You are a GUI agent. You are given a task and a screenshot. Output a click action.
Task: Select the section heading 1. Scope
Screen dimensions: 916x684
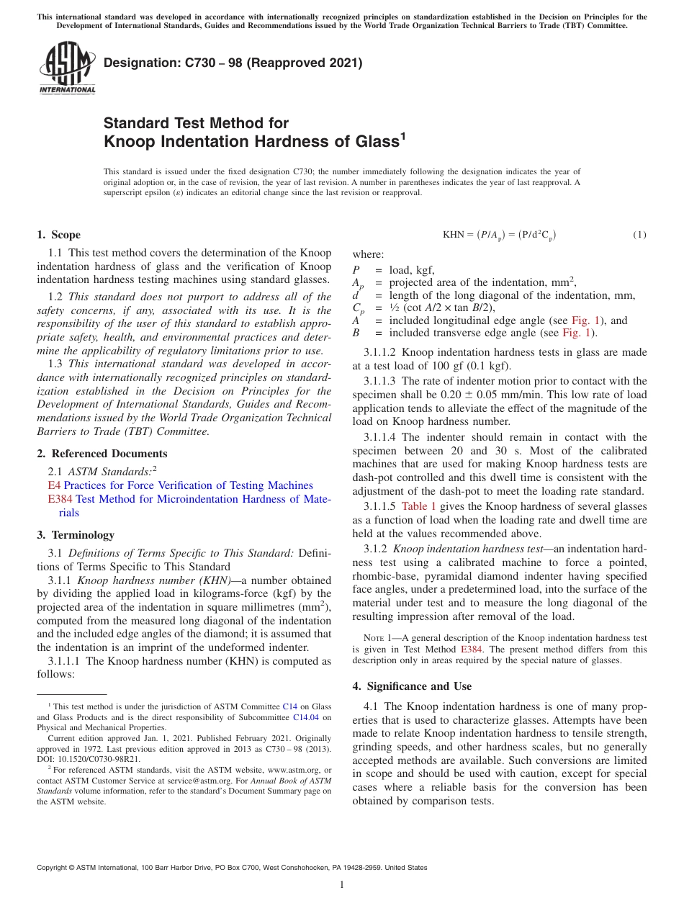[58, 235]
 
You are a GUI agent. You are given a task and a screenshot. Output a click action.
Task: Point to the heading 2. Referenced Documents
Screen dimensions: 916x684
[102, 454]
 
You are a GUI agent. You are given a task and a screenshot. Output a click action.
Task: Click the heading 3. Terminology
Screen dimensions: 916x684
[75, 535]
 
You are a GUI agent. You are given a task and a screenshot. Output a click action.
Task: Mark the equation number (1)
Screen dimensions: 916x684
[639, 235]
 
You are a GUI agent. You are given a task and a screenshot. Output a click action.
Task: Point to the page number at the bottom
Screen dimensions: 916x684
[342, 885]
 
